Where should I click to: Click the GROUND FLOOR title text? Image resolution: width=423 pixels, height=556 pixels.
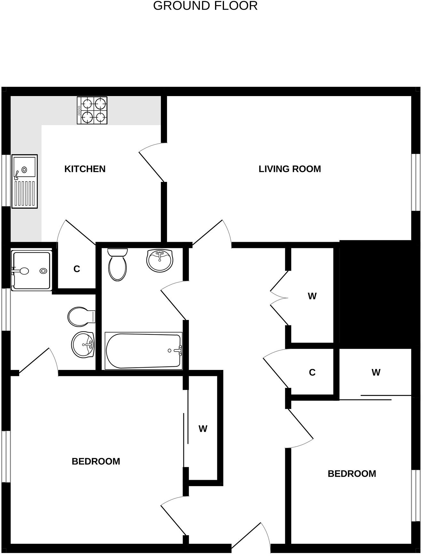point(205,6)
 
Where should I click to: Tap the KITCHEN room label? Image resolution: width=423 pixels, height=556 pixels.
point(85,169)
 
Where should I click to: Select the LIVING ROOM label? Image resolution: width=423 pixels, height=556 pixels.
point(290,169)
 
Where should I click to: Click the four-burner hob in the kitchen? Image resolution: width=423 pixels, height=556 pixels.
point(92,110)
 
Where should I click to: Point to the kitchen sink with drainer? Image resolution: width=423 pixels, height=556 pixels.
point(25,181)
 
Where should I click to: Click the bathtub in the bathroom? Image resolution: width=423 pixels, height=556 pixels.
point(143,351)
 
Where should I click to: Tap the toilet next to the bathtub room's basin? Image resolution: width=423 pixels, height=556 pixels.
point(117,264)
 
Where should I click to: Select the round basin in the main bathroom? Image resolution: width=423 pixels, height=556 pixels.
point(160,260)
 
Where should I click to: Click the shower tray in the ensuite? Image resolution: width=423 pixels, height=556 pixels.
point(31,271)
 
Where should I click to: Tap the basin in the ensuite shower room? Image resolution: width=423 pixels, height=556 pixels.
point(83,345)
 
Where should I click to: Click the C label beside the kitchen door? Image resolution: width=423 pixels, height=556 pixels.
point(76,269)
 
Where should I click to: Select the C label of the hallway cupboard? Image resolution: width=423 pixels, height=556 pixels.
point(312,372)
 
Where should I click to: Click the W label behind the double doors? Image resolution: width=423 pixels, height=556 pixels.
point(312,296)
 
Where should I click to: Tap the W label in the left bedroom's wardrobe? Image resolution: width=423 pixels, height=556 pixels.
point(203,429)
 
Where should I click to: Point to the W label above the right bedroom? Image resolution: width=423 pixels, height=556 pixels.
point(376,372)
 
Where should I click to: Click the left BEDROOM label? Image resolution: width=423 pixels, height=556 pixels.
point(96,461)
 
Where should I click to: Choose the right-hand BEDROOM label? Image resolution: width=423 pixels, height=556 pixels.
point(352,473)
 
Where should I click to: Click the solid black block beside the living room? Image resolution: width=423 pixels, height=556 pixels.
point(375,294)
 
